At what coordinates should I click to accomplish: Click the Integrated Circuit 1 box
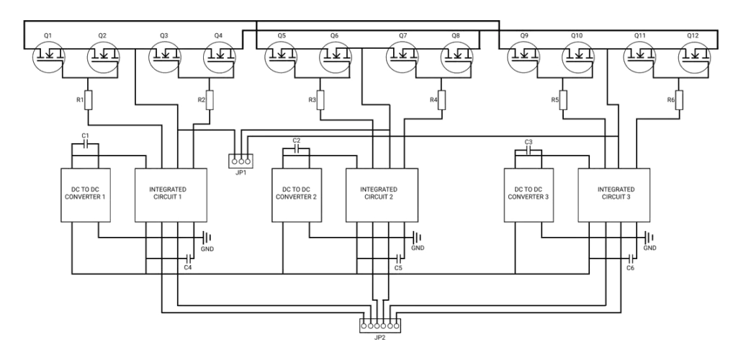171,194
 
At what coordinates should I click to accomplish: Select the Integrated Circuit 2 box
381,194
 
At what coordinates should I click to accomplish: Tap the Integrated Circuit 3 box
614,194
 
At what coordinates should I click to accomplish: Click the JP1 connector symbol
241,160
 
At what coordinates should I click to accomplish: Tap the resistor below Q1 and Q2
88,99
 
